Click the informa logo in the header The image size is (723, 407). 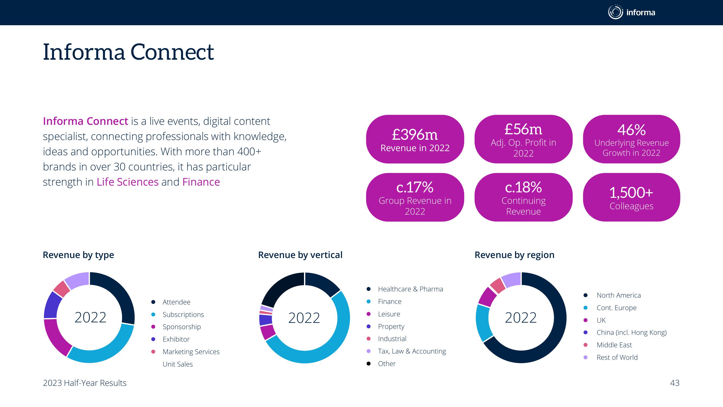[x=632, y=12]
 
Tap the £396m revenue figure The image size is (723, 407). [x=415, y=135]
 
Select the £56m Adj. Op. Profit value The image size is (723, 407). [x=523, y=129]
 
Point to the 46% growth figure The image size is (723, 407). [x=632, y=130]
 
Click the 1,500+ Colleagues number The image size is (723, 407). [x=631, y=193]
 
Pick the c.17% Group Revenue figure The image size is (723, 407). [x=415, y=187]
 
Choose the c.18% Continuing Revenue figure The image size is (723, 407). [x=523, y=187]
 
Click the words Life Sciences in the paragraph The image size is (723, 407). [x=128, y=182]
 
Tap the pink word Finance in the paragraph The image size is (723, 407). [x=201, y=182]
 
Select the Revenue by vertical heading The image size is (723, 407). [x=300, y=255]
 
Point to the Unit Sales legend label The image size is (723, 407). [x=178, y=364]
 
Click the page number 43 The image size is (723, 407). [x=675, y=383]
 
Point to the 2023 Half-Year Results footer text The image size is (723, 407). [x=85, y=383]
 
